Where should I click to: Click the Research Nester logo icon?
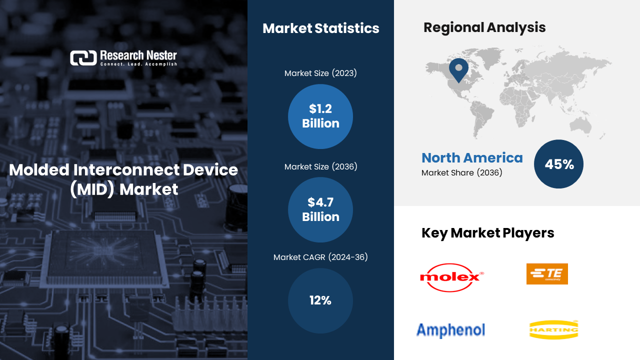tap(83, 58)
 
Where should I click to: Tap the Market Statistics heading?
tap(321, 28)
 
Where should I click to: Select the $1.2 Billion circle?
tap(320, 116)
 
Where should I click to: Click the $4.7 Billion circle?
tap(320, 209)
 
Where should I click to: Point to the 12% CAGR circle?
tap(320, 300)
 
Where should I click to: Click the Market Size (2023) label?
tap(320, 73)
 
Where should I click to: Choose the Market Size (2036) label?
tap(320, 166)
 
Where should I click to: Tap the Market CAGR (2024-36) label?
tap(320, 257)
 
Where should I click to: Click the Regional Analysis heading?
tap(484, 27)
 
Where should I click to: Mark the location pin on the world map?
tap(458, 70)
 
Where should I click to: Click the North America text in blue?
tap(472, 157)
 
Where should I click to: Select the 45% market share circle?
tap(558, 164)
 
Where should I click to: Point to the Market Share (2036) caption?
tap(461, 172)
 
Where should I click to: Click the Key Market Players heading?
tap(487, 233)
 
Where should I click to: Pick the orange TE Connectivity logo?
tap(547, 273)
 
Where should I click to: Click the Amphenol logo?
tap(450, 330)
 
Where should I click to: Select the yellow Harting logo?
tap(553, 329)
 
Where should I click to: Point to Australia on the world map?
tap(580, 125)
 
